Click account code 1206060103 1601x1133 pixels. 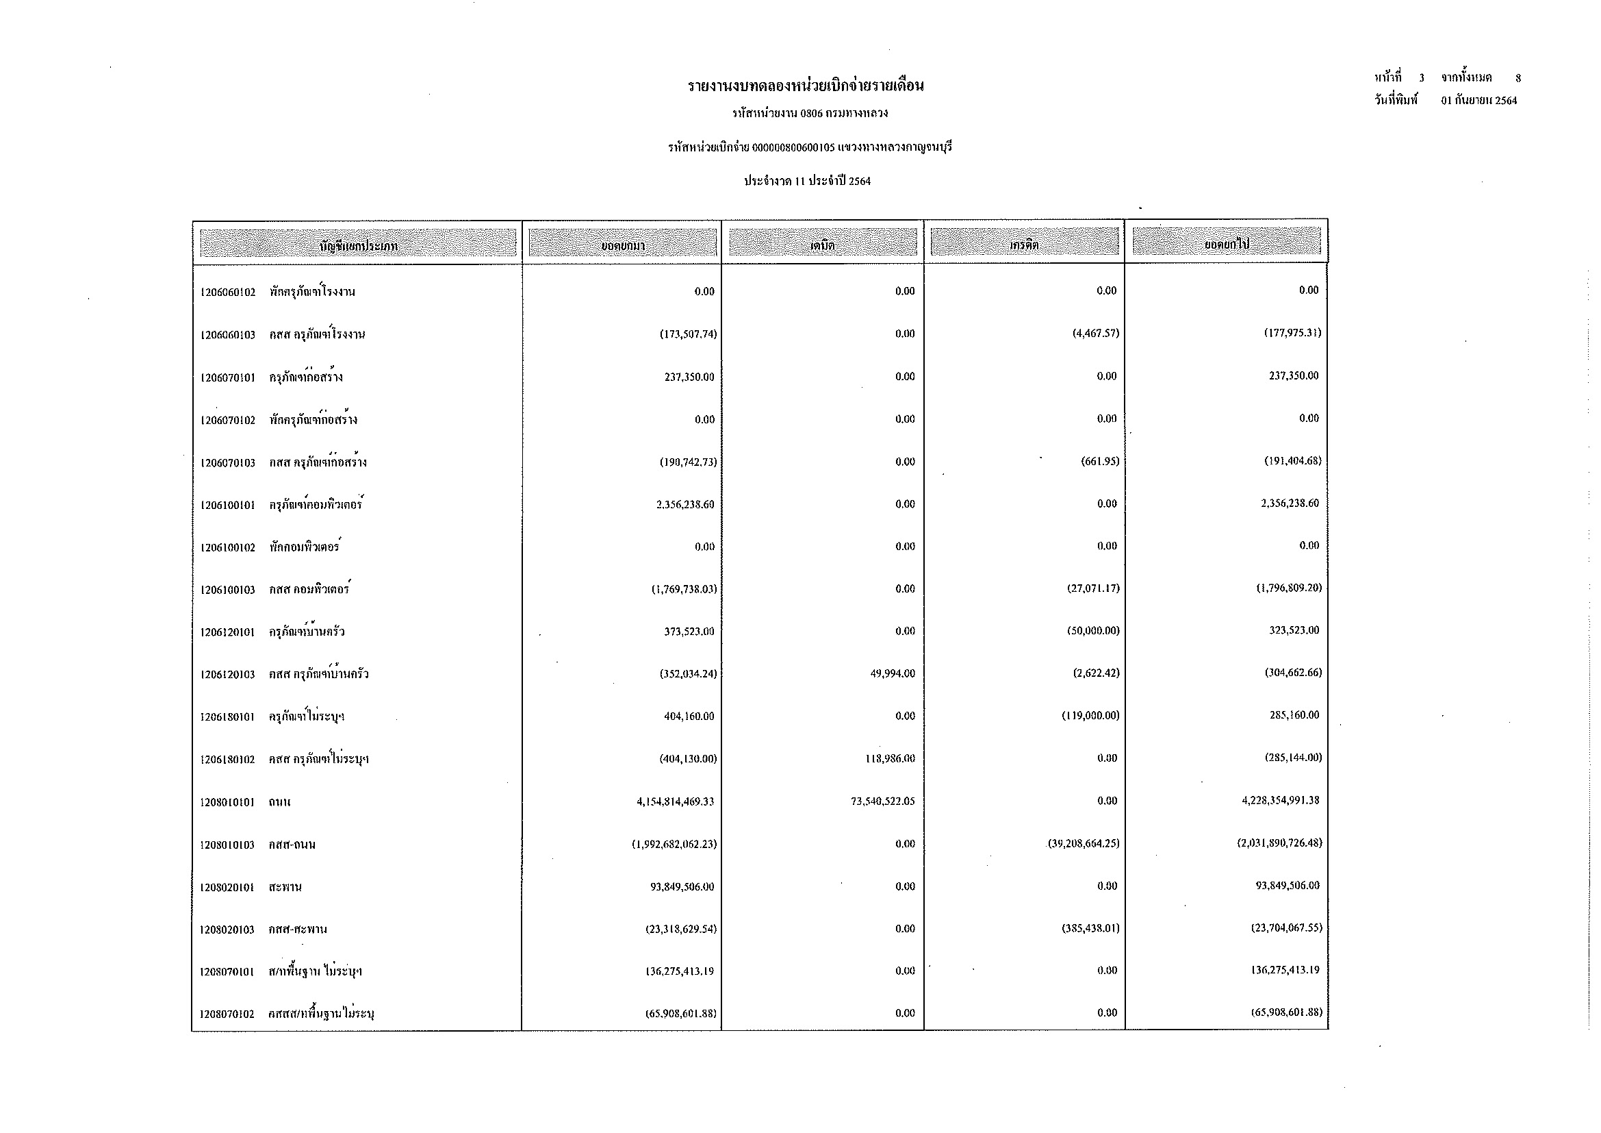click(227, 335)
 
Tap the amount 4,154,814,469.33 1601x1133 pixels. click(675, 801)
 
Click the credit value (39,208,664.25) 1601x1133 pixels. click(1084, 843)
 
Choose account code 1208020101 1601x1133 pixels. click(227, 887)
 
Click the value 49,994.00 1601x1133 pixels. click(893, 674)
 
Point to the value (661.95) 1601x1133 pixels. click(1100, 462)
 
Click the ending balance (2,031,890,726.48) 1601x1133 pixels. click(1279, 843)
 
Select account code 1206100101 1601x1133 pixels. click(227, 505)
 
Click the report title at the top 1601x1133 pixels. click(806, 86)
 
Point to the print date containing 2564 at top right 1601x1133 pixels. click(1479, 101)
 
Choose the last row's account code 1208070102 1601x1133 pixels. click(227, 1014)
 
